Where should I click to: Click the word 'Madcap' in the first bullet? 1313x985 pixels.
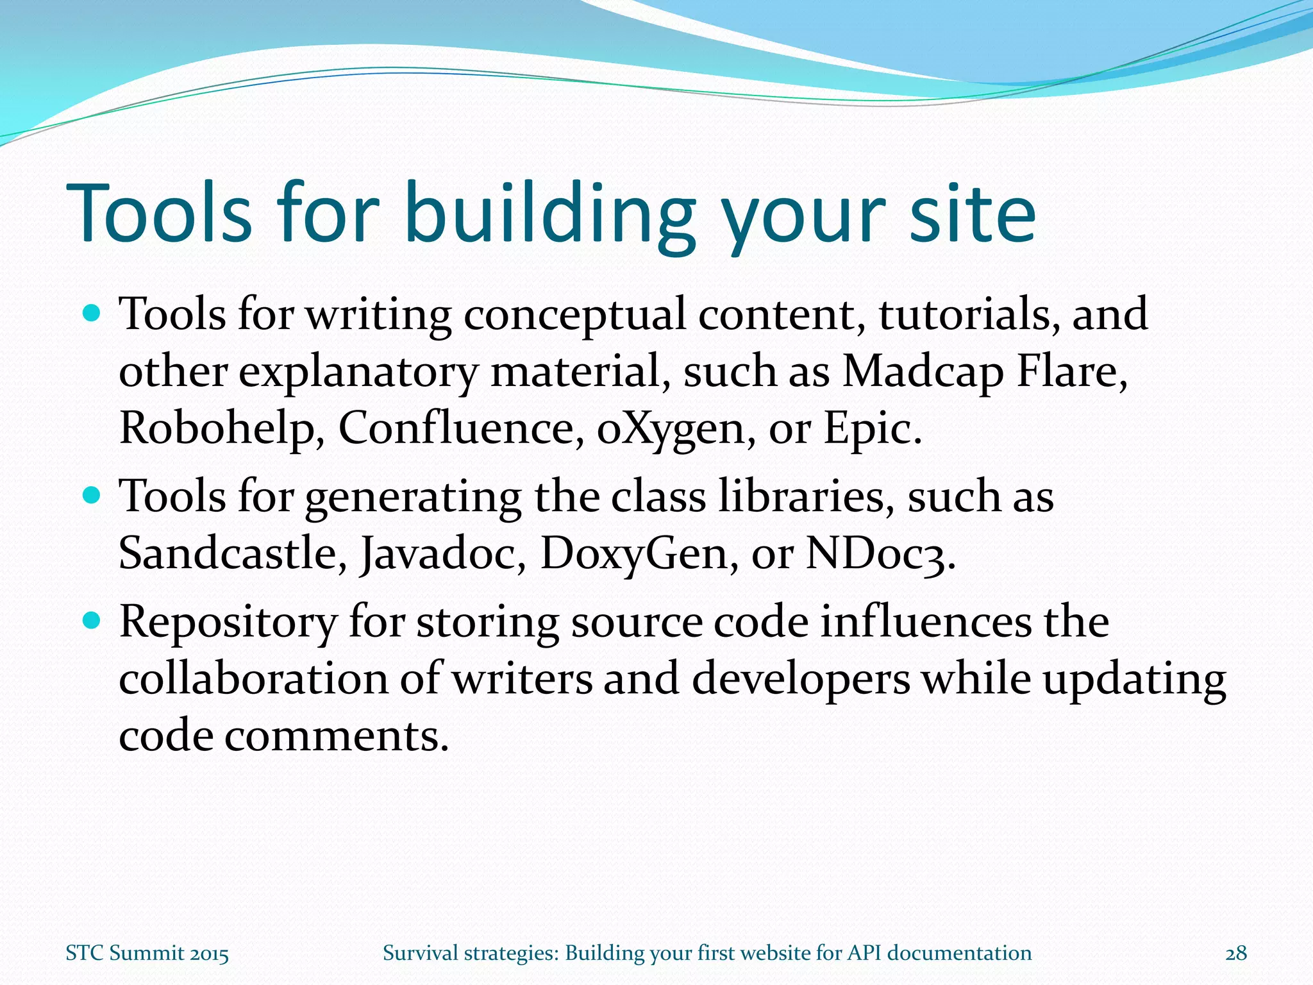coord(922,372)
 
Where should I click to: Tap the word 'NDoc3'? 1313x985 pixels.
coord(874,553)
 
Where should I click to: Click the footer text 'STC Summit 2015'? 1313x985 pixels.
coord(147,954)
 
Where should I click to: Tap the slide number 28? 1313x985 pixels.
coord(1235,954)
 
